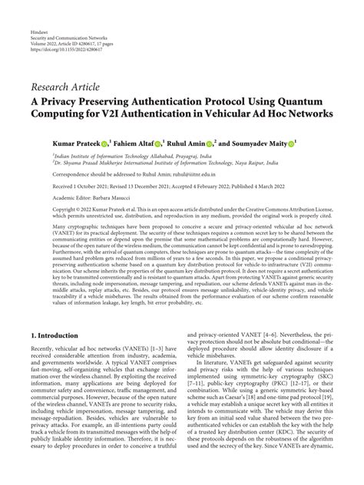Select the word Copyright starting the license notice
point(45,209)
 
